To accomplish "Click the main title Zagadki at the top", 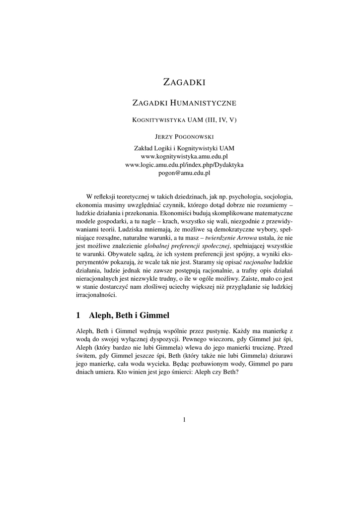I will coord(184,82).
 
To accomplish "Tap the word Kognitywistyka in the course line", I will coord(157,120).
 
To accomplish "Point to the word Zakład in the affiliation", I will coord(144,148).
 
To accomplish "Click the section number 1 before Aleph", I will coord(78,315).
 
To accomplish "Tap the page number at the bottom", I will coord(184,420).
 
